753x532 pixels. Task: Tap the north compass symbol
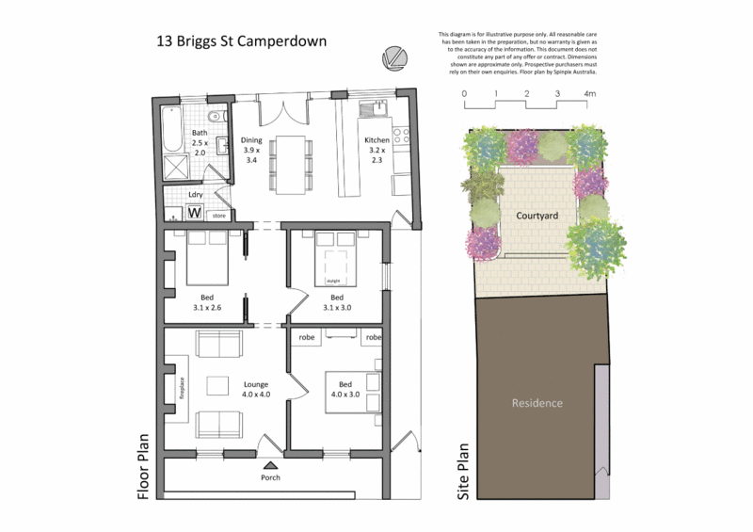click(393, 58)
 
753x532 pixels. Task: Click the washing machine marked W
click(194, 213)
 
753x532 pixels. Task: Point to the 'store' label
click(217, 216)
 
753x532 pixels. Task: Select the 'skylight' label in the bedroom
click(332, 281)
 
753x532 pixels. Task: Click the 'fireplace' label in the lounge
click(182, 389)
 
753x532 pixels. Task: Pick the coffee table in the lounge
click(218, 385)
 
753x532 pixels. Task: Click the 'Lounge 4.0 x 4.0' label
click(256, 389)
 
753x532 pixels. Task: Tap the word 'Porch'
click(271, 476)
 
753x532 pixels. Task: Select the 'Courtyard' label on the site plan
click(537, 216)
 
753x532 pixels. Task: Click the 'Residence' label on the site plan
click(537, 403)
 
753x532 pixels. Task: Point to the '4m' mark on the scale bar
click(589, 94)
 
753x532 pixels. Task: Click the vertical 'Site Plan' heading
click(463, 472)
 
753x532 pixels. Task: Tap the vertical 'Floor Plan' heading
click(144, 466)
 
